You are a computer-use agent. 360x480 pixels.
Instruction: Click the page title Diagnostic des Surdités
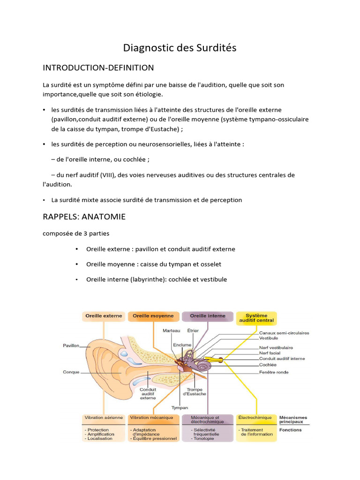click(180, 48)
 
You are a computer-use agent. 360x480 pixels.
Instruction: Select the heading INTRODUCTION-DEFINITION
click(98, 68)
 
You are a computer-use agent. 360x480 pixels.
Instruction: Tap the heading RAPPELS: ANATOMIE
click(84, 217)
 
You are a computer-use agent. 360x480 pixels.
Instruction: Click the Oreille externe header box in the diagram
click(103, 316)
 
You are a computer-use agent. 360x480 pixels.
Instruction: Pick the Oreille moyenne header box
click(153, 316)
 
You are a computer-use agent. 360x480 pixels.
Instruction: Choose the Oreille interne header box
click(207, 316)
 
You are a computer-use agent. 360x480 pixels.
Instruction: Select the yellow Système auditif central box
click(256, 318)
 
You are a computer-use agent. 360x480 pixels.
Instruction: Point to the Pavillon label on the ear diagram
click(71, 346)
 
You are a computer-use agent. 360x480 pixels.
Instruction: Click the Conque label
click(71, 372)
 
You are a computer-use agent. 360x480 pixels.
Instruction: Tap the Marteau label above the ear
click(171, 331)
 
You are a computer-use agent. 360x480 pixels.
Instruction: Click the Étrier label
click(193, 331)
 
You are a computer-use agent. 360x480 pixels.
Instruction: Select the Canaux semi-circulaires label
click(284, 333)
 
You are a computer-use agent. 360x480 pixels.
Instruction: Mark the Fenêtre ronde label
click(274, 372)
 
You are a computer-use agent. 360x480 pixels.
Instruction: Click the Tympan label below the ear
click(180, 408)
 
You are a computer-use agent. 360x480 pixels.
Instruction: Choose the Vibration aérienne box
click(104, 417)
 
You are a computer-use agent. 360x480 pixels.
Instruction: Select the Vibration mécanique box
click(153, 417)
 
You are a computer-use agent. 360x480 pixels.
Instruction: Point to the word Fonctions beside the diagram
click(291, 430)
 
